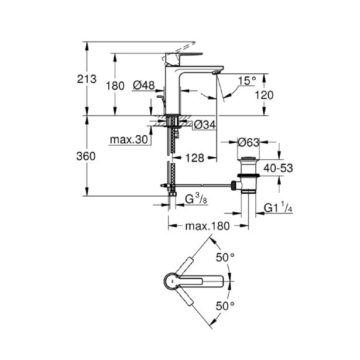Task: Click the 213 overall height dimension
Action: click(x=87, y=79)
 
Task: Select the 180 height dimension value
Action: click(x=115, y=86)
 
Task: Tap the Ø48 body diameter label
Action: click(x=144, y=85)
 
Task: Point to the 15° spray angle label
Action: click(x=247, y=81)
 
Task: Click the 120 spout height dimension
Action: click(x=264, y=95)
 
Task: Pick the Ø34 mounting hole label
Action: click(x=205, y=125)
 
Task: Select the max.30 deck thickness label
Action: click(x=129, y=139)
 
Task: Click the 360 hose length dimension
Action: click(x=86, y=156)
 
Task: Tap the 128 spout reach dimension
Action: click(x=195, y=158)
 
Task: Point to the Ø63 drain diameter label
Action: click(x=248, y=142)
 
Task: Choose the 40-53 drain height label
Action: click(x=278, y=168)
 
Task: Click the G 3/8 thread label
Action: click(x=196, y=199)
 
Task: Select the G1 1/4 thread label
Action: click(x=278, y=207)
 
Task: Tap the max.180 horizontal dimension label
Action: click(x=207, y=226)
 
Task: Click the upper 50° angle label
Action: click(x=225, y=258)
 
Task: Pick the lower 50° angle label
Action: click(x=225, y=306)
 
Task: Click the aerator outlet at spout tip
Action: click(x=216, y=73)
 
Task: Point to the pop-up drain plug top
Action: click(x=248, y=158)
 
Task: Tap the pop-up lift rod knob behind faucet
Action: click(x=160, y=97)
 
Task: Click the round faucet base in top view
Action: click(x=172, y=281)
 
